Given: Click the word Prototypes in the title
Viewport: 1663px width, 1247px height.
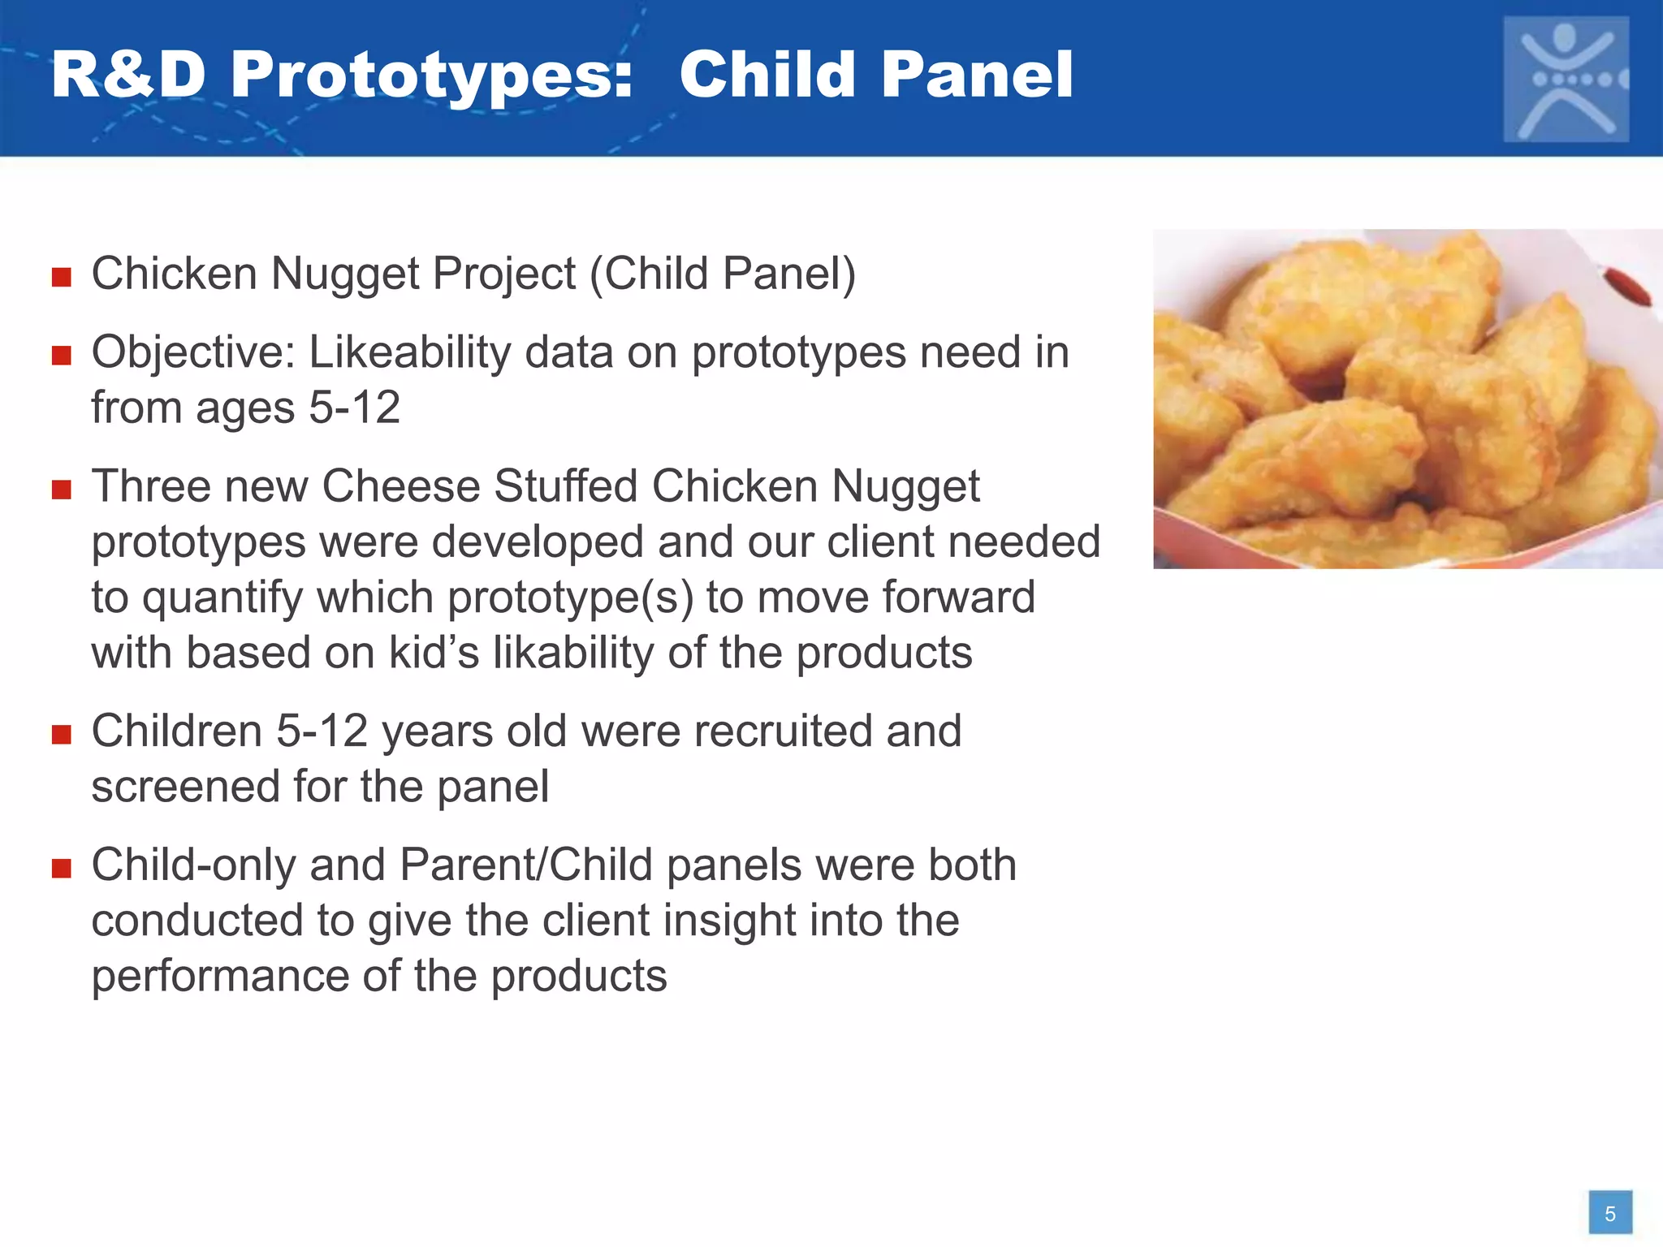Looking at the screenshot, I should point(430,75).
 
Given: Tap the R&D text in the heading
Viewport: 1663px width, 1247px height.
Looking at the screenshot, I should point(128,75).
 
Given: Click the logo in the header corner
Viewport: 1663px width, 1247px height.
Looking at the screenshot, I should point(1566,79).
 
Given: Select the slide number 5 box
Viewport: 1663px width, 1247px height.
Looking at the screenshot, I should point(1610,1213).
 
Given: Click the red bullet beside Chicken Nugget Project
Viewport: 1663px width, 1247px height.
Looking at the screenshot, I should point(62,278).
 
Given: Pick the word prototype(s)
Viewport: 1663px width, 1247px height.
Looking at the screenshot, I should point(570,598).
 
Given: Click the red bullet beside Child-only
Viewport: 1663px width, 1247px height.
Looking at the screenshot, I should point(62,869).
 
